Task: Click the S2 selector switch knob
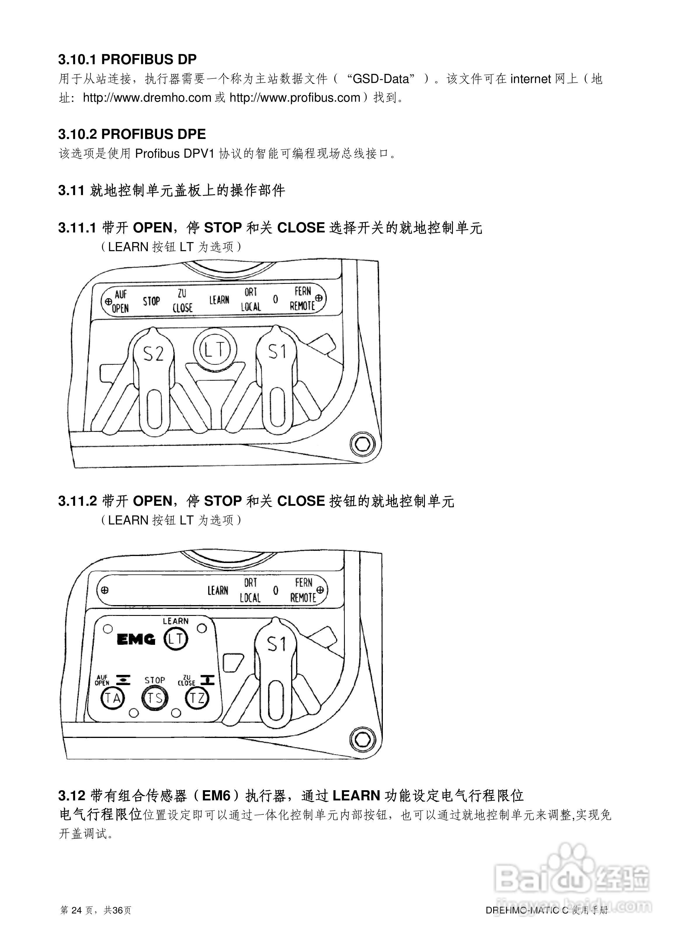[x=153, y=370]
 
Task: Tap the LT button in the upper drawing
[x=215, y=349]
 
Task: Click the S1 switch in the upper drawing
[x=277, y=370]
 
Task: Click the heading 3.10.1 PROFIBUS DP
[x=127, y=59]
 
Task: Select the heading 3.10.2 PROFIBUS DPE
[x=132, y=134]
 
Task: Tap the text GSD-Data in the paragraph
[x=381, y=79]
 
